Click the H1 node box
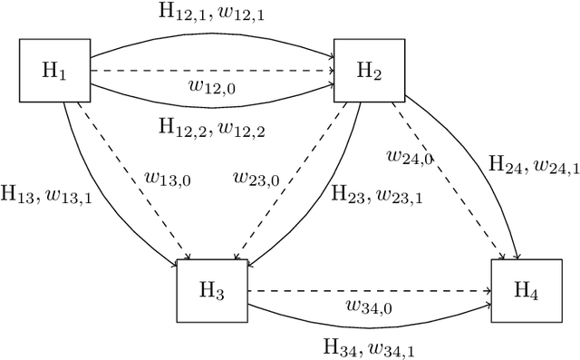55,71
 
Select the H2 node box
370,71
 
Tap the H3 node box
212,290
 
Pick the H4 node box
526,290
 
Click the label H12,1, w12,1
212,13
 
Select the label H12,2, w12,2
212,130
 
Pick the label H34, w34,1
368,346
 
